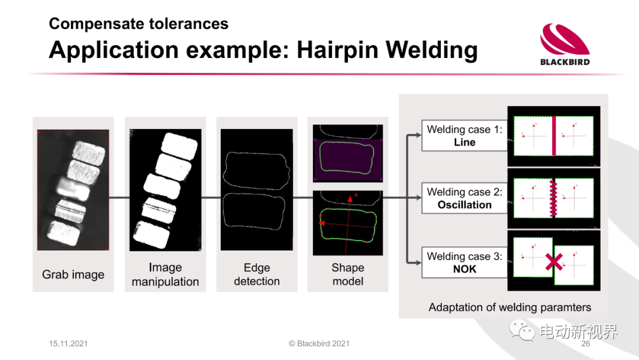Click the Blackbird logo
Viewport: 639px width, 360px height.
coord(565,44)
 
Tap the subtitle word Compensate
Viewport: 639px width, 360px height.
coord(95,24)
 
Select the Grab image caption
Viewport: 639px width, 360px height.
coord(73,275)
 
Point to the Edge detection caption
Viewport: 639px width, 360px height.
coord(257,274)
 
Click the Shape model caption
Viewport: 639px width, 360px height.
coord(348,274)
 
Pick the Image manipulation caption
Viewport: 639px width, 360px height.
coord(165,274)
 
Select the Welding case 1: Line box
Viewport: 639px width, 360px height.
coord(464,136)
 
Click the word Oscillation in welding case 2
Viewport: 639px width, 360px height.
coord(464,205)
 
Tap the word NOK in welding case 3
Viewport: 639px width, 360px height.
coord(464,269)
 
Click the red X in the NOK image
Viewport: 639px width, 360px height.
coord(554,262)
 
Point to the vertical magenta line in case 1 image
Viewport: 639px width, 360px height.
coord(554,136)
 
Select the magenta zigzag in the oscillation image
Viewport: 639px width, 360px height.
coord(553,198)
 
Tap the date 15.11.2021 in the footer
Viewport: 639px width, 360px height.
coord(68,343)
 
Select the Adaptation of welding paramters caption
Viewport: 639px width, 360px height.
coord(509,307)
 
